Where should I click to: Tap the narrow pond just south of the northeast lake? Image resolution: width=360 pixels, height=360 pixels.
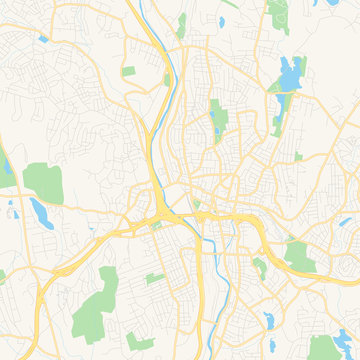coord(277,124)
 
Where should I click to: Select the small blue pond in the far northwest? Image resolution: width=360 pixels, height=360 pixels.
coord(43,38)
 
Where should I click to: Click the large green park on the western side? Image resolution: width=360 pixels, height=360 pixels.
coord(42,181)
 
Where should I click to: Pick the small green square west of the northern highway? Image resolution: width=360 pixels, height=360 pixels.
coord(129,71)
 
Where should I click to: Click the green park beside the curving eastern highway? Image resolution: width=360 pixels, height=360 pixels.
coord(297,255)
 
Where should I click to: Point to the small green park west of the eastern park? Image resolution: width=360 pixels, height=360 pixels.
coord(260,267)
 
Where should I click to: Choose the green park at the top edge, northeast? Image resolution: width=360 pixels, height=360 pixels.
coord(278,14)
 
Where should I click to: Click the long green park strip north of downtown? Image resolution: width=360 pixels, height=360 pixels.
coord(217,119)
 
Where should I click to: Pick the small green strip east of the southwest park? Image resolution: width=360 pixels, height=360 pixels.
coord(154,277)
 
